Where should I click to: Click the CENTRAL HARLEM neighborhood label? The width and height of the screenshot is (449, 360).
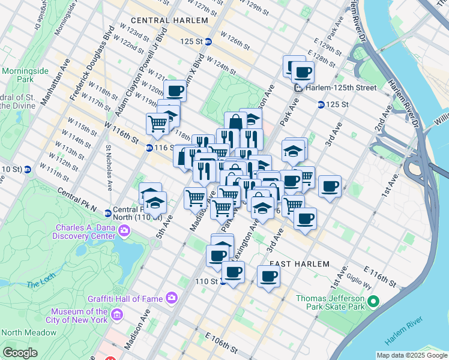point(169,20)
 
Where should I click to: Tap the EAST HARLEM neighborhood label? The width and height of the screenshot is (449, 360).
point(300,264)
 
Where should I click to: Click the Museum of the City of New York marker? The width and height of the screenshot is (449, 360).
point(117,315)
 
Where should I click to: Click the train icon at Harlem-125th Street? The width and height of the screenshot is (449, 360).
point(298,88)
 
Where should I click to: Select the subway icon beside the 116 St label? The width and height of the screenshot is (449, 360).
point(149,148)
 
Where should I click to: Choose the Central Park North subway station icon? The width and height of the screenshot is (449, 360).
point(107,213)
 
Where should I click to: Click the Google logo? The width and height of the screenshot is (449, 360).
point(20,352)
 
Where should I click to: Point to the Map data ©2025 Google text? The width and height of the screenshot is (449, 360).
point(412,355)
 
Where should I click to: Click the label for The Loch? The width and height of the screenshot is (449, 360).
point(40,282)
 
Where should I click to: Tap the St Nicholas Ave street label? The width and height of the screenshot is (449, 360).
point(109,167)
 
